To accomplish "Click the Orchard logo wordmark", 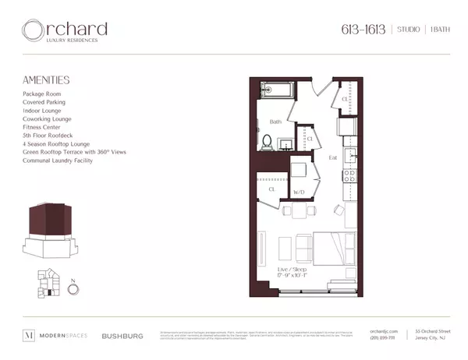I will click(65, 31).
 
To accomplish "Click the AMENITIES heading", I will click(47, 79).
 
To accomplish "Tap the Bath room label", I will click(275, 122).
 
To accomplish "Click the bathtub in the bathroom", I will click(276, 92).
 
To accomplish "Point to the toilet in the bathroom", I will click(266, 143).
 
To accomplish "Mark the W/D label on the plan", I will click(298, 191).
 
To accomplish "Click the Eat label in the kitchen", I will click(332, 158).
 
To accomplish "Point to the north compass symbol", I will click(73, 288).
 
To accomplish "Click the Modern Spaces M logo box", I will click(29, 337).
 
